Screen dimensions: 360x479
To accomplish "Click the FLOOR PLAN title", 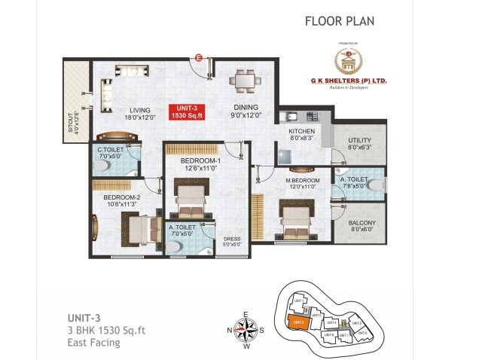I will [x=340, y=20].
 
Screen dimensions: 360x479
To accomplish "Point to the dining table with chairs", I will [x=242, y=80].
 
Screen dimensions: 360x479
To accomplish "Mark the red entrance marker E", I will [x=199, y=57].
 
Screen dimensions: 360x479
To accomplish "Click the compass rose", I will [x=246, y=329].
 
